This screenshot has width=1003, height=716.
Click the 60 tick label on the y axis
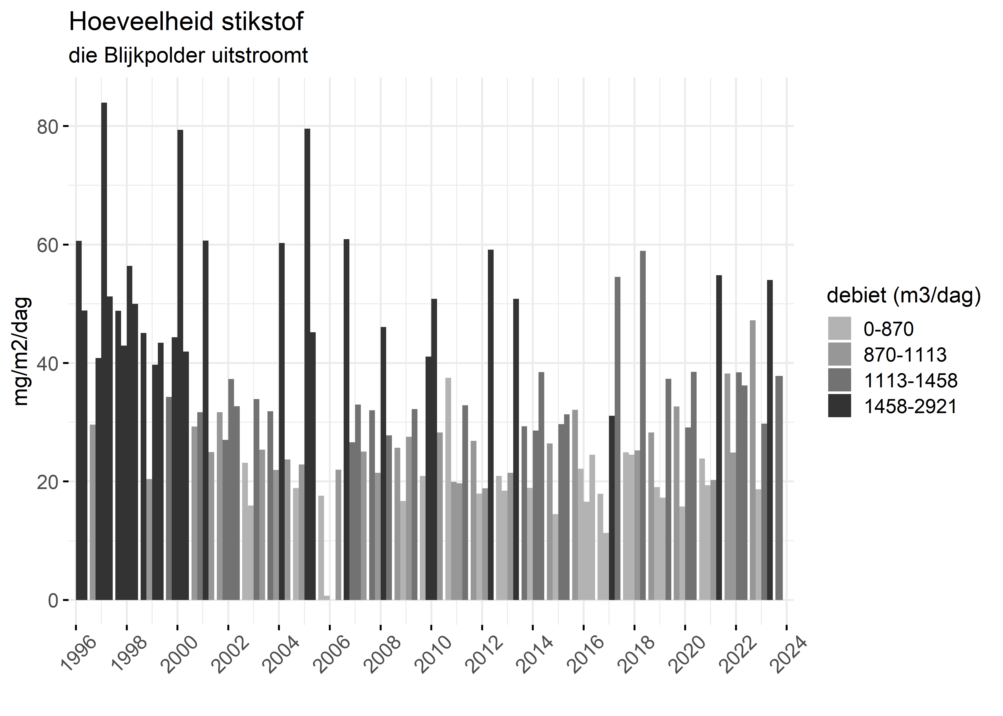click(48, 246)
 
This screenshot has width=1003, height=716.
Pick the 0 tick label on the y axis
click(53, 600)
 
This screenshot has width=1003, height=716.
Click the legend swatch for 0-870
click(839, 328)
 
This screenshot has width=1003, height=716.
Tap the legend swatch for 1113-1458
click(839, 380)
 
